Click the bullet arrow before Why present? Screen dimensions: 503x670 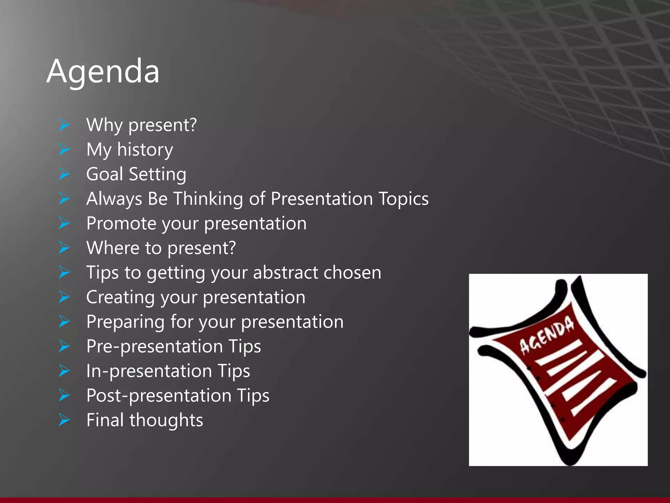pos(64,125)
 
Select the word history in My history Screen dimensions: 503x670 pos(145,150)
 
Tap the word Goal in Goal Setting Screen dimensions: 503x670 pos(104,174)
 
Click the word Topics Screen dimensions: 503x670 pos(403,199)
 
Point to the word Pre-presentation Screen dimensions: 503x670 pos(155,347)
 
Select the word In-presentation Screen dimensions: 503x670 pos(149,371)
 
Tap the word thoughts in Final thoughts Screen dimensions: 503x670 pos(166,420)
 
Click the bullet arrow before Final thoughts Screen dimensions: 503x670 pos(64,420)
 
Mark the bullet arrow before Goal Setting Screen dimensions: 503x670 pos(64,174)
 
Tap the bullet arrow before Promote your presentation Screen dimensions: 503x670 pos(64,223)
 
